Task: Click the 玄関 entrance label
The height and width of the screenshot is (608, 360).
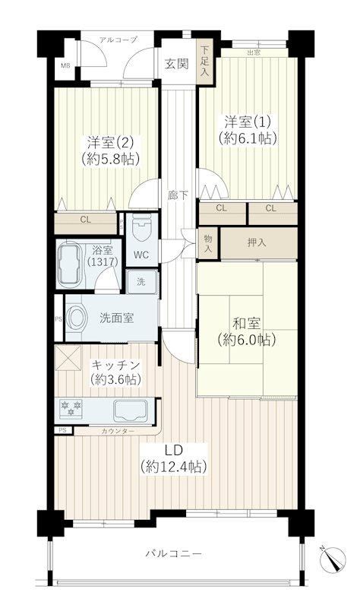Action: coord(177,64)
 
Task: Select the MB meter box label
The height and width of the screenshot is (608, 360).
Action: coord(65,65)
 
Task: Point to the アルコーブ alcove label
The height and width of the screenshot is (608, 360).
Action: coord(118,40)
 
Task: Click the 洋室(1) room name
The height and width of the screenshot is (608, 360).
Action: coord(248,122)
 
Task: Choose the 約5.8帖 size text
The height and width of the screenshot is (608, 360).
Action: coord(110,159)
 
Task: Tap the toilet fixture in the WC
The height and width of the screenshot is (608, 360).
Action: coord(142,227)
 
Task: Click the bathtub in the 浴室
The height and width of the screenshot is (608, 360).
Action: coord(70,264)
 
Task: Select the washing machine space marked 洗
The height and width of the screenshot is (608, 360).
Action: coord(142,281)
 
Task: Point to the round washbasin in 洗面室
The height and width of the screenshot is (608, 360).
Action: coord(78,318)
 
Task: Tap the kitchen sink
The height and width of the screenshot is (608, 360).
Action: coord(131,411)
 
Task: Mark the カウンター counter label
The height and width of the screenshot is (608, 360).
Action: coord(118,431)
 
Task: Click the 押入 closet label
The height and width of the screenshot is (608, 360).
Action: coord(257,242)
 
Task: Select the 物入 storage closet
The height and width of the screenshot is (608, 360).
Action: coord(208,243)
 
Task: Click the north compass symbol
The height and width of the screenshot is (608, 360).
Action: coord(333,559)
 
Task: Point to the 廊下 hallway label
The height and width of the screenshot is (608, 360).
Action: coord(178,195)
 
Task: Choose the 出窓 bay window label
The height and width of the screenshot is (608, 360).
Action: coord(254,52)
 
